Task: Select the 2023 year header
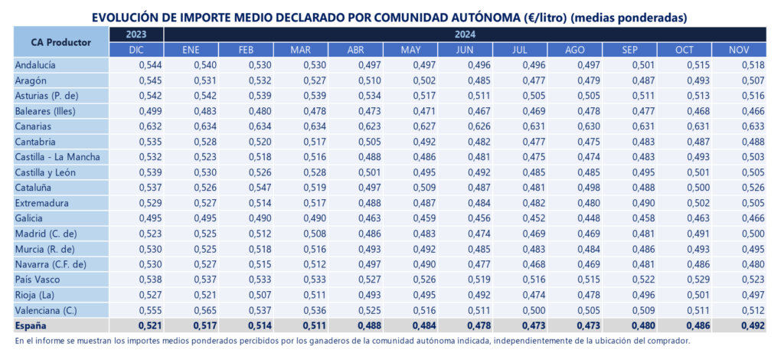137,34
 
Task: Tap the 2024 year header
465,34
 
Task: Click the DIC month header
137,50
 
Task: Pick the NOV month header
739,50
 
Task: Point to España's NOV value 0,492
752,326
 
